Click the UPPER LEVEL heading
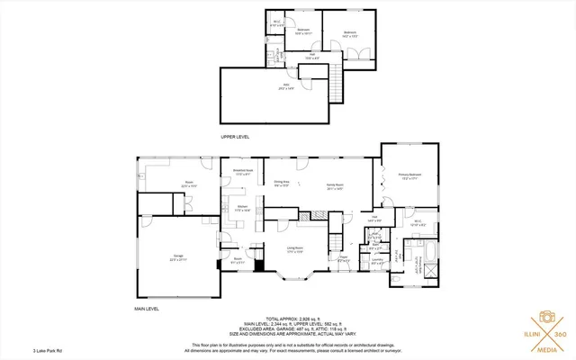tap(235, 136)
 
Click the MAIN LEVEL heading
tap(147, 309)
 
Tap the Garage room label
tap(178, 257)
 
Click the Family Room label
tap(336, 187)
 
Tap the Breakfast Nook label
tap(243, 173)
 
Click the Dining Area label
tap(282, 183)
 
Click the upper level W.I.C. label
tap(277, 24)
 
